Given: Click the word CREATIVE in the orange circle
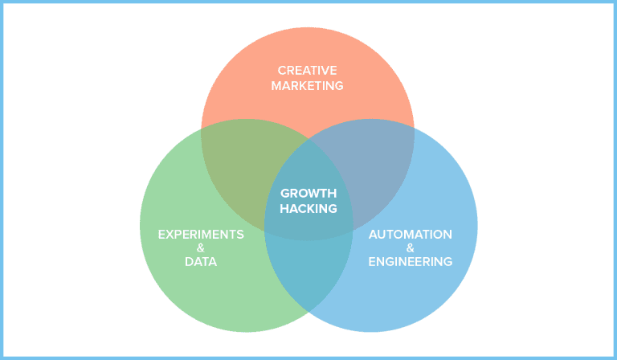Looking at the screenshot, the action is (308, 70).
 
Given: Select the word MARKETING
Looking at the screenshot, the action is (308, 85).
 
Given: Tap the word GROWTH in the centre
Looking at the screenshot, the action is (308, 194).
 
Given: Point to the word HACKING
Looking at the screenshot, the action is (308, 209).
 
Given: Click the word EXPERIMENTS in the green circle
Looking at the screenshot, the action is (201, 234).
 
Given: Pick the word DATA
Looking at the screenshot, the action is (201, 262).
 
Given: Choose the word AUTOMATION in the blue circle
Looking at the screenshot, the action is (410, 234).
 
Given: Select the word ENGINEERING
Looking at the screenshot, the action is (410, 262).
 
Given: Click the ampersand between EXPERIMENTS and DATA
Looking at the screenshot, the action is (201, 248).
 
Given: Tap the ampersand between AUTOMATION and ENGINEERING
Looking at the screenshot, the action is (410, 248).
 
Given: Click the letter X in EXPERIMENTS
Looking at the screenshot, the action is (170, 234).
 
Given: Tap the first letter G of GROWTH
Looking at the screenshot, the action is (284, 194).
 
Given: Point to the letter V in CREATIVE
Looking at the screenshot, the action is (327, 70).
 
